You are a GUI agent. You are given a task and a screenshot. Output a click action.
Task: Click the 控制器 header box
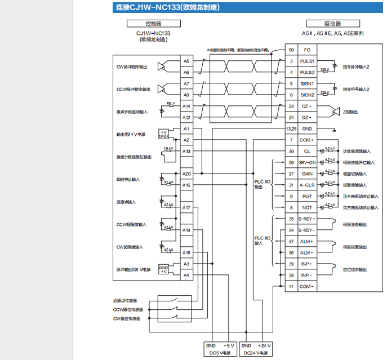click(153, 24)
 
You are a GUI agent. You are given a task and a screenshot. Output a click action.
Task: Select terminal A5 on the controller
click(186, 61)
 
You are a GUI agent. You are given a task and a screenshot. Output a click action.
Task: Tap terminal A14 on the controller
click(186, 106)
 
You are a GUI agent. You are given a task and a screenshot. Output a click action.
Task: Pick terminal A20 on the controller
click(186, 174)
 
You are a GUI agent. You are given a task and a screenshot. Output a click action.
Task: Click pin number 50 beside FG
click(291, 50)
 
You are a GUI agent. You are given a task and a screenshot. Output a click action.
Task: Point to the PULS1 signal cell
click(307, 61)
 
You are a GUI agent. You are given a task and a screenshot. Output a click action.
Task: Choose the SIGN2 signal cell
click(307, 95)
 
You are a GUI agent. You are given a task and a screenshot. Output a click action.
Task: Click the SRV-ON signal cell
click(307, 162)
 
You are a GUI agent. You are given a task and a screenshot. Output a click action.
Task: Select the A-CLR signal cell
click(307, 185)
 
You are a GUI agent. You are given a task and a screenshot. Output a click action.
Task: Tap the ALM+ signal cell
click(307, 241)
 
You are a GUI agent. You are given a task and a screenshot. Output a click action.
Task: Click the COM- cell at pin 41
click(307, 286)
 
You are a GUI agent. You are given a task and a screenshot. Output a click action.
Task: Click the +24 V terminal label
click(264, 345)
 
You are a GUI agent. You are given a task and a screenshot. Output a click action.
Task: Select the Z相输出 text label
click(350, 112)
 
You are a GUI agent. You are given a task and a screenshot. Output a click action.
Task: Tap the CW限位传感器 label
click(127, 318)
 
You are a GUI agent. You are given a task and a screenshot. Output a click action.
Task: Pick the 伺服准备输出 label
click(354, 224)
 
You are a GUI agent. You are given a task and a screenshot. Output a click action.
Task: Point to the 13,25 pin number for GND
click(291, 128)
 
